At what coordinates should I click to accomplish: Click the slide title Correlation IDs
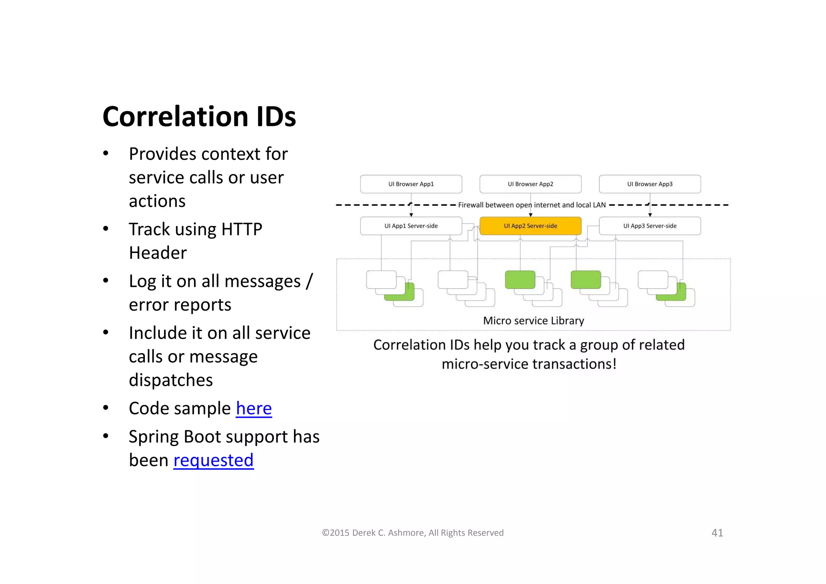(199, 117)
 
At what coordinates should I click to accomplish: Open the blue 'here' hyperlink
(254, 408)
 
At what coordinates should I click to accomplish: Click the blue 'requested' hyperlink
(213, 460)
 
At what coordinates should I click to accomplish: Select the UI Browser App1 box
(411, 184)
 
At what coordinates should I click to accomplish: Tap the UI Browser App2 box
(530, 184)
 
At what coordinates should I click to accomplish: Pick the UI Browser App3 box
(650, 184)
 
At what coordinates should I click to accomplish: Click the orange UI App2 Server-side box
(530, 226)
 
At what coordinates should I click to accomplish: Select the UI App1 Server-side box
(411, 226)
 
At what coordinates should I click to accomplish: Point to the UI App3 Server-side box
(650, 226)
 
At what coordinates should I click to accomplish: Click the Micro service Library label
(533, 321)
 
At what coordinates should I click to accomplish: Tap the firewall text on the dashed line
(532, 205)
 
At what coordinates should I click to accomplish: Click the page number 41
(717, 533)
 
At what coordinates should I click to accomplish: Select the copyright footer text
(413, 533)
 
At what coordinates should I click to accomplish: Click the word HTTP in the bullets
(242, 229)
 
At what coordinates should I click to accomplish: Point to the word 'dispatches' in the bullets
(171, 380)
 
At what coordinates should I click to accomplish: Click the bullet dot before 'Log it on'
(106, 280)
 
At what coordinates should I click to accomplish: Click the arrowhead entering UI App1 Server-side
(411, 215)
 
